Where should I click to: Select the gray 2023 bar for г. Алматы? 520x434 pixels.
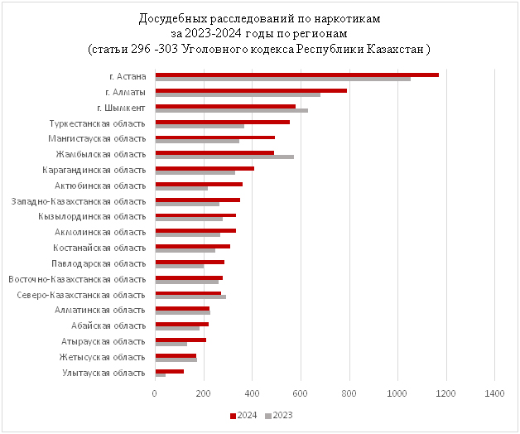coord(238,94)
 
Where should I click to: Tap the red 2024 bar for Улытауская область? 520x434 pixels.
coord(169,371)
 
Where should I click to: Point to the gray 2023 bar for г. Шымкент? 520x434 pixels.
coord(231,110)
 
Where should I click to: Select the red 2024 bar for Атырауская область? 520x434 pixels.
coord(181,340)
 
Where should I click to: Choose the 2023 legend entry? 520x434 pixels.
coord(279,415)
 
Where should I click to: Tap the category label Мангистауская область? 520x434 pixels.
coord(97,138)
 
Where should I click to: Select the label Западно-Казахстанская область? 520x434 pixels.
coord(79,201)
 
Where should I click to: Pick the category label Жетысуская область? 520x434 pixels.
coord(102,357)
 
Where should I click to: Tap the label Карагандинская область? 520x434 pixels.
coord(94,170)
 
